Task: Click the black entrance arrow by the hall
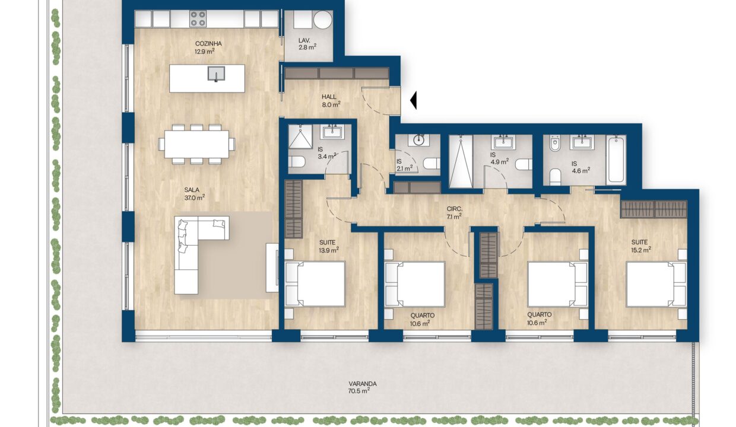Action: click(x=414, y=100)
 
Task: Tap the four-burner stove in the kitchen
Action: click(x=198, y=19)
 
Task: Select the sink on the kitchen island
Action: click(x=216, y=74)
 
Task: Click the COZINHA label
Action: click(x=208, y=44)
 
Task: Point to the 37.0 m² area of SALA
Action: click(x=195, y=197)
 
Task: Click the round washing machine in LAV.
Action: click(x=323, y=20)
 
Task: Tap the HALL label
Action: click(x=329, y=97)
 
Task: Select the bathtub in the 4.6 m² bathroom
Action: click(x=616, y=160)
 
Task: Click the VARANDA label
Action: click(x=363, y=384)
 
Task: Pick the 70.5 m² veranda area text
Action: click(x=359, y=391)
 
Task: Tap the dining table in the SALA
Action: click(x=196, y=145)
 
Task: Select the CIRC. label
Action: click(x=455, y=209)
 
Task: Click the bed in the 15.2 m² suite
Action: click(x=656, y=284)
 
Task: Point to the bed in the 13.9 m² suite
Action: click(x=315, y=284)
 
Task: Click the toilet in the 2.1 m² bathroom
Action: click(x=432, y=164)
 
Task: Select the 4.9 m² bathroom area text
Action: click(x=499, y=162)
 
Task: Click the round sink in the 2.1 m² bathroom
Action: click(x=418, y=140)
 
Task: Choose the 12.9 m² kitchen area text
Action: click(x=205, y=52)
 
